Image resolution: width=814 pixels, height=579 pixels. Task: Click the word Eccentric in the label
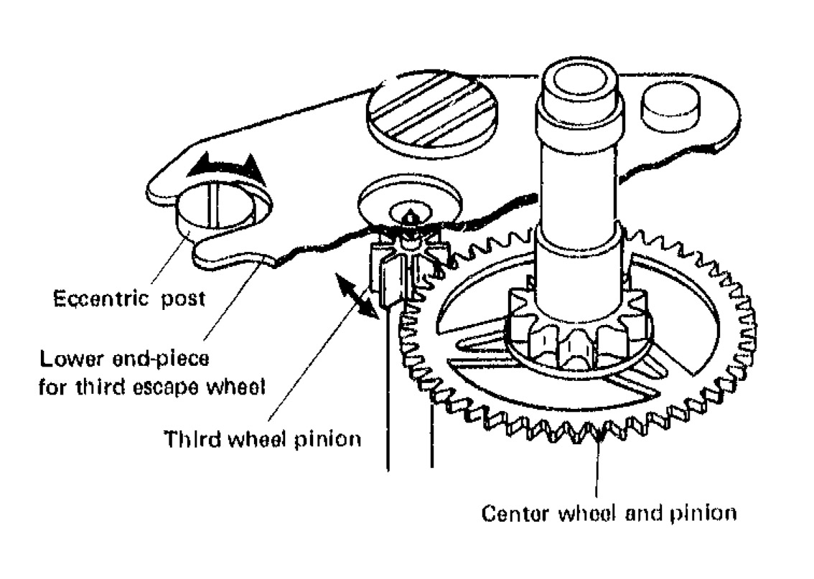coord(91,298)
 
